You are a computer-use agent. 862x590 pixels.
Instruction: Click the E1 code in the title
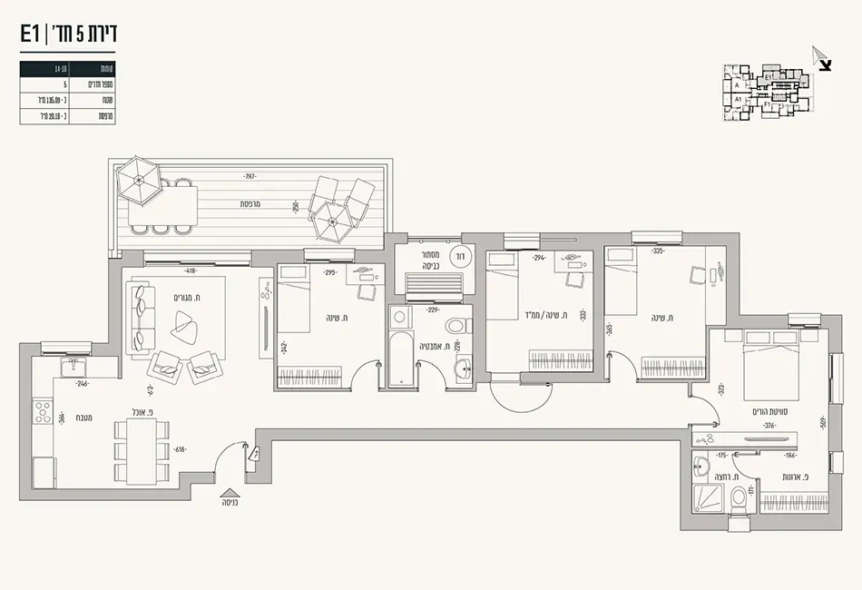pos(30,34)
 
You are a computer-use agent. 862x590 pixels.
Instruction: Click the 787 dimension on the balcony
pos(250,175)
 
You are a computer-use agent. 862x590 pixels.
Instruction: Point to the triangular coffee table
pos(187,322)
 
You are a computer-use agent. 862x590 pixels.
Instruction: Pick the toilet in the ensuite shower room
pos(740,499)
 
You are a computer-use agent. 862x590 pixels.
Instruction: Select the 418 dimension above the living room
pos(191,270)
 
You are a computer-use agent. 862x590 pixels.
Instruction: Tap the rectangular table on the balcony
pos(163,204)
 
